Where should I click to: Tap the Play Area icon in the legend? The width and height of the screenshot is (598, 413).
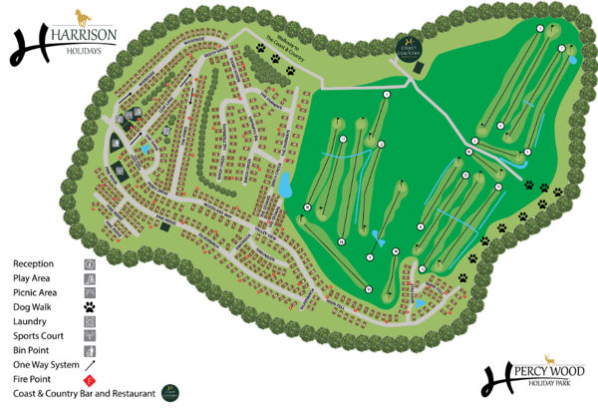[91, 278]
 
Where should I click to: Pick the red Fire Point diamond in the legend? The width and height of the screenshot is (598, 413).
[91, 379]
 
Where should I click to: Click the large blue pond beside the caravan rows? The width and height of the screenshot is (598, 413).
[285, 185]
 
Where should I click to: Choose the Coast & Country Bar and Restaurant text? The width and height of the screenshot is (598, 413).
[79, 394]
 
